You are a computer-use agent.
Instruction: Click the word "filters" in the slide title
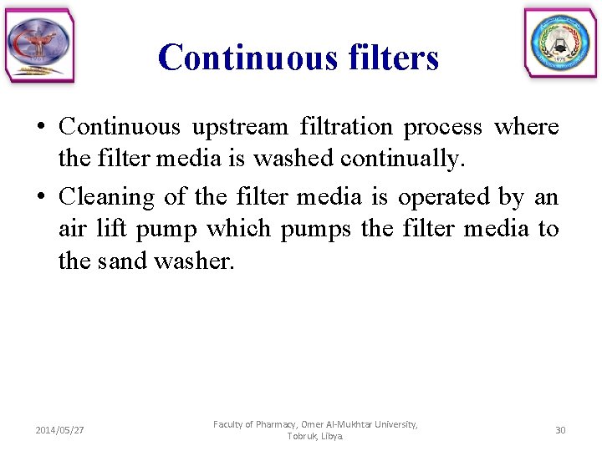tap(389, 58)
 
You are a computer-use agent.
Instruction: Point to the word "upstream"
tap(239, 127)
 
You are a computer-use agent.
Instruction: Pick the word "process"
tap(443, 128)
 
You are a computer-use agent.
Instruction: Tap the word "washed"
tap(291, 159)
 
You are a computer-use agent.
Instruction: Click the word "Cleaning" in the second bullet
tap(107, 198)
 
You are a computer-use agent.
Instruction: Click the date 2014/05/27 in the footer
tap(59, 430)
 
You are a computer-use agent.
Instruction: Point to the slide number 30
tap(560, 430)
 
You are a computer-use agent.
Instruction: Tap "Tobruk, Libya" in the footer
tap(315, 437)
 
